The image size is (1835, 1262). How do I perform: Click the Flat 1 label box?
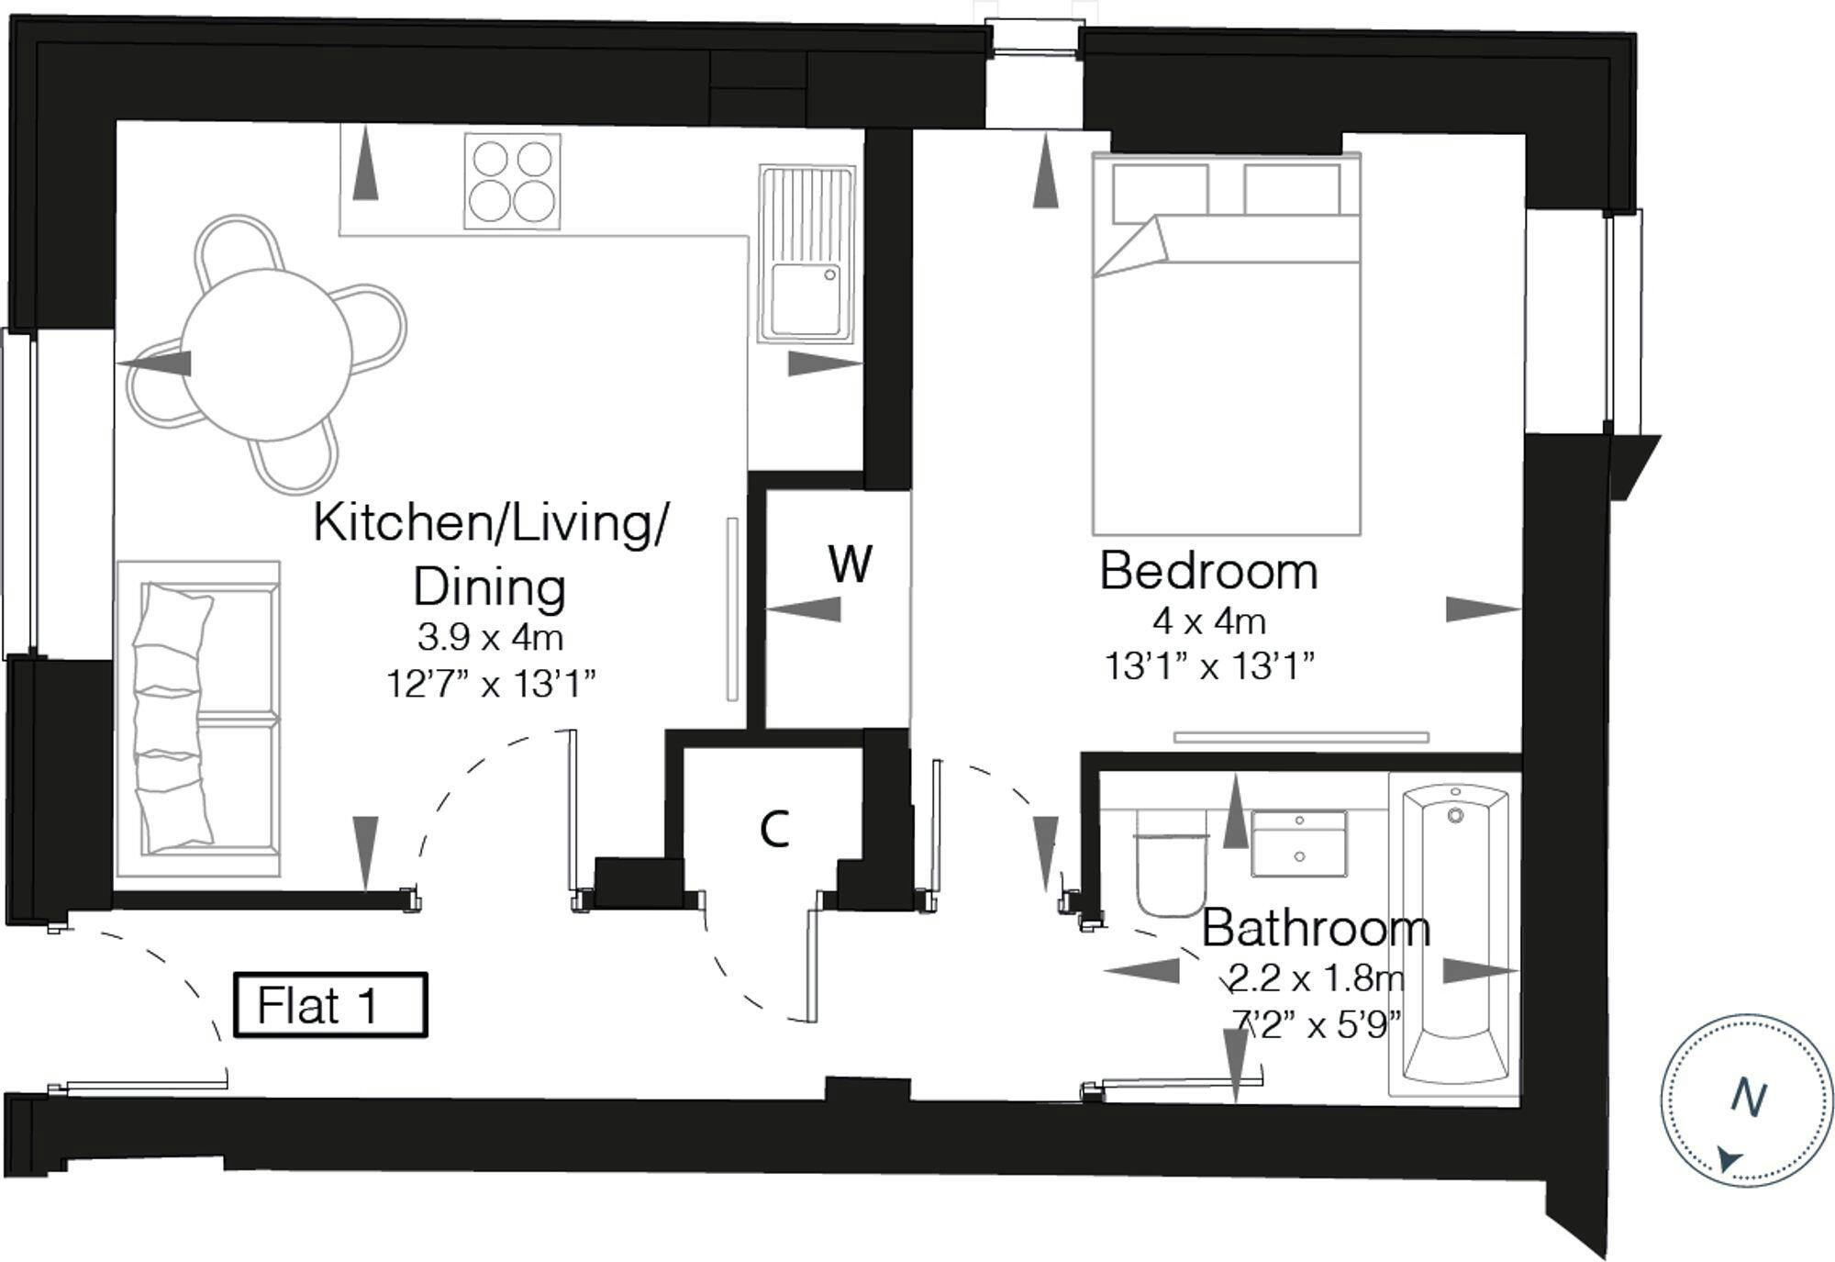pyautogui.click(x=330, y=1005)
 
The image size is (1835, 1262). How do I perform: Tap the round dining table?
pyautogui.click(x=267, y=355)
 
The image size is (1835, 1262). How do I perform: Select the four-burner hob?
pyautogui.click(x=512, y=181)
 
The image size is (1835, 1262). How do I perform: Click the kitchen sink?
pyautogui.click(x=806, y=254)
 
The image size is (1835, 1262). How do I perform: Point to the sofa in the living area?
pyautogui.click(x=198, y=719)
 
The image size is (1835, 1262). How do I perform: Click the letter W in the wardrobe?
pyautogui.click(x=850, y=564)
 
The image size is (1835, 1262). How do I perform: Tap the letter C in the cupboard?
pyautogui.click(x=775, y=830)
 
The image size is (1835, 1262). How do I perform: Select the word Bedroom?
pyautogui.click(x=1208, y=571)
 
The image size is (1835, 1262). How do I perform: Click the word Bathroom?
pyautogui.click(x=1316, y=928)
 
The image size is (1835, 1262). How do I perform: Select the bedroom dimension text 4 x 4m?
pyautogui.click(x=1209, y=622)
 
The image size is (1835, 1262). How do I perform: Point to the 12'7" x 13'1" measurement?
pyautogui.click(x=491, y=684)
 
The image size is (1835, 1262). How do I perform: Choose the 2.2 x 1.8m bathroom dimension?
pyautogui.click(x=1316, y=979)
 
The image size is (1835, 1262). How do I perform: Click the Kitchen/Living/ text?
pyautogui.click(x=491, y=523)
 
